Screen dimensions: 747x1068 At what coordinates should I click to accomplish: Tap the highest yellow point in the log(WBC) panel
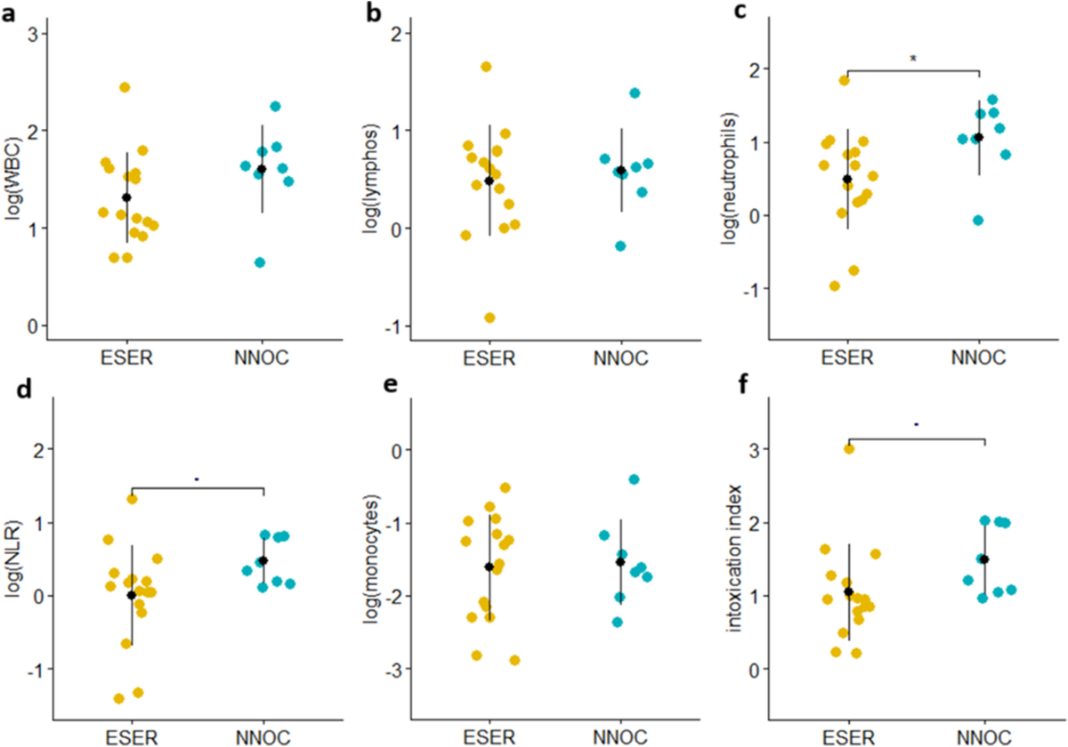tap(125, 87)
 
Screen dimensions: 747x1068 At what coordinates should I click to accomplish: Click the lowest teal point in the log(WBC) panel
tap(260, 262)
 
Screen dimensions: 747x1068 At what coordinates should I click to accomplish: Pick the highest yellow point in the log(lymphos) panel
tap(487, 67)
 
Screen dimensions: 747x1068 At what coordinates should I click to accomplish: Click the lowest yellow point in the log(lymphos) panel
tap(489, 317)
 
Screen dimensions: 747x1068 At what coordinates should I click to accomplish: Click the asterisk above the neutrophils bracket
tap(912, 60)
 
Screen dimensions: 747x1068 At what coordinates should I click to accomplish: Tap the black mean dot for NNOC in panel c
tap(979, 137)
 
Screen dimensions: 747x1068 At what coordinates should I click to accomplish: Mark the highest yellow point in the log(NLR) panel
tap(132, 499)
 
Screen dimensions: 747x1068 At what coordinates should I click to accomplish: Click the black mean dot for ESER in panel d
tap(132, 595)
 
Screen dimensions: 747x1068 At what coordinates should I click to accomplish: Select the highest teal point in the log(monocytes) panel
tap(635, 479)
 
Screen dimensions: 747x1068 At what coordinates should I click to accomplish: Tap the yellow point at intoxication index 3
tap(849, 449)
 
